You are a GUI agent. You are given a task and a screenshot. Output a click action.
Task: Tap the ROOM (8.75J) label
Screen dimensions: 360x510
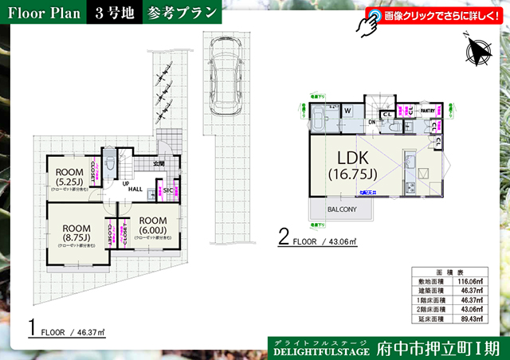coord(76,233)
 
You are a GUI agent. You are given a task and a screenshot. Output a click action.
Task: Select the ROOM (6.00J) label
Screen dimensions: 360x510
coord(152,226)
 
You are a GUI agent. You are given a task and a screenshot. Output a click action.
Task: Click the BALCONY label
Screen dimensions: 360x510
coord(341,209)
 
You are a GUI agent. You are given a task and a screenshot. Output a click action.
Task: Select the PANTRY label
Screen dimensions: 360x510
coord(427,111)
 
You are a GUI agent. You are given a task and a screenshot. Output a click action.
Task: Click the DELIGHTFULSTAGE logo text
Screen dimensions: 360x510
coord(322,350)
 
